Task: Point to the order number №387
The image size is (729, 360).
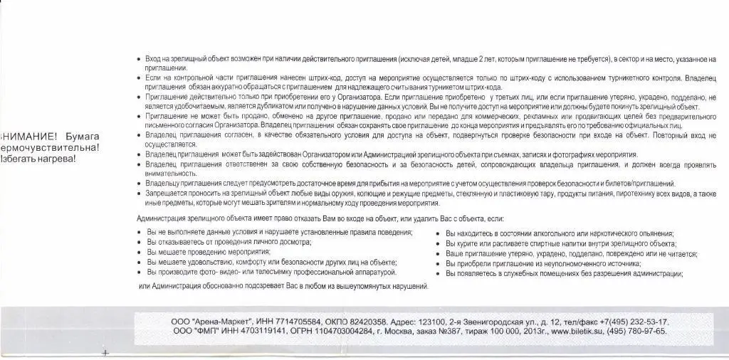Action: [x=451, y=331]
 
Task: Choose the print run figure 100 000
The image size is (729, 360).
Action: [x=504, y=331]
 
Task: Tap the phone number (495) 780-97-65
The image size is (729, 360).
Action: [x=640, y=331]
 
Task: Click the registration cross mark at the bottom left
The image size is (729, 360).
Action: [x=105, y=353]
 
